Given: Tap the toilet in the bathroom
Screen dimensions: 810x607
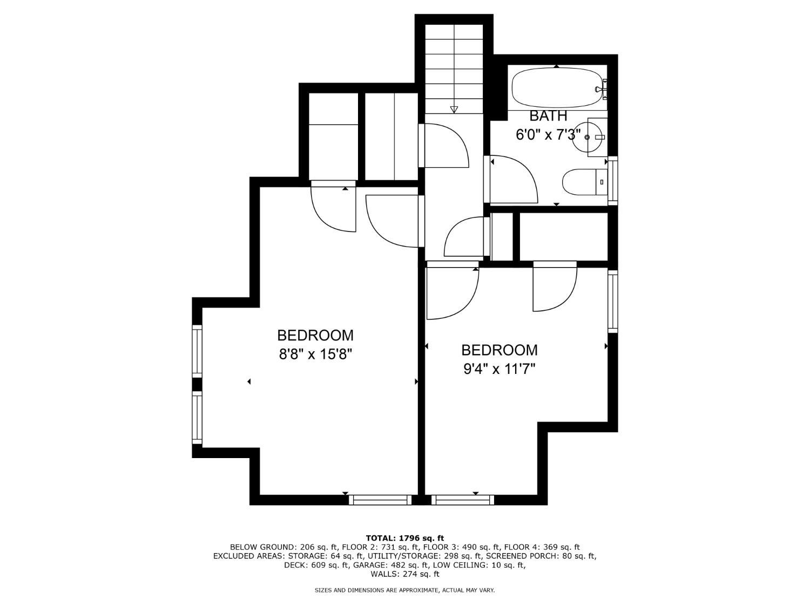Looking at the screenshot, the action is coord(584,182).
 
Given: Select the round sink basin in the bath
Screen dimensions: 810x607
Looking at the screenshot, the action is coord(587,137).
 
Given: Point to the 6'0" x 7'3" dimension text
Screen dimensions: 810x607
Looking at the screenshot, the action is coord(548,135).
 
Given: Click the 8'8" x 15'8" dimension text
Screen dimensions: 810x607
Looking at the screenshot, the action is coord(315,354).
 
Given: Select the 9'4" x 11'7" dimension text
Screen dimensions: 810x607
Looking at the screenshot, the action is coord(500,369).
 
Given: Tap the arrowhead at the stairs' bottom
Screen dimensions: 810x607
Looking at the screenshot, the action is coord(454,110).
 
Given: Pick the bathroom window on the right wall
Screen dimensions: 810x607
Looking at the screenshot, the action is coord(612,181).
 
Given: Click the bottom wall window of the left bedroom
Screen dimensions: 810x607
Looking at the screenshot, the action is coord(380,500).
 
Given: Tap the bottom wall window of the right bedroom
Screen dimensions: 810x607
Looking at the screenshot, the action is coord(463,500).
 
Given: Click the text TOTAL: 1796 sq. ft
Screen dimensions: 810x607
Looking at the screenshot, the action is coord(405,538).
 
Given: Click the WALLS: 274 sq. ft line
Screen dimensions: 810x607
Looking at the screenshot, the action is coord(405,574).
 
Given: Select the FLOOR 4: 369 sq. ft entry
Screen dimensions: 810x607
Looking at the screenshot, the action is coord(542,547).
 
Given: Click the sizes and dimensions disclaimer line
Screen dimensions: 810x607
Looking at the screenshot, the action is coord(404,590).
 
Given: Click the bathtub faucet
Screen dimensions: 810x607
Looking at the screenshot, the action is coord(600,89).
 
